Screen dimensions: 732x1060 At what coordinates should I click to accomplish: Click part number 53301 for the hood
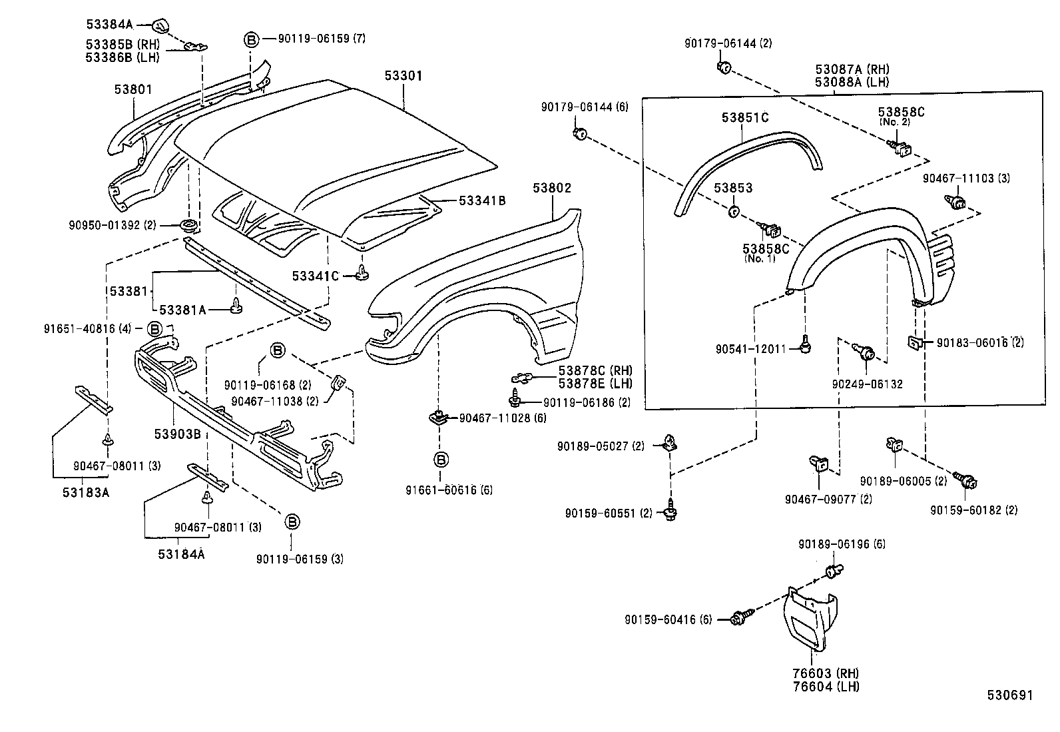[x=403, y=76]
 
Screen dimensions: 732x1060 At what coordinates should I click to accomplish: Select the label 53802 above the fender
[x=551, y=188]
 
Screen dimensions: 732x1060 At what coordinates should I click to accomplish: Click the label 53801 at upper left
[x=132, y=89]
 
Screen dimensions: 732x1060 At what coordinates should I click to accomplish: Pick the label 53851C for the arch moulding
[x=745, y=118]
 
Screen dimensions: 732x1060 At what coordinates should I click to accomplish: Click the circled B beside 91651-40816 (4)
[x=154, y=328]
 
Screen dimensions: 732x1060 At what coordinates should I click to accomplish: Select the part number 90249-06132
[x=867, y=384]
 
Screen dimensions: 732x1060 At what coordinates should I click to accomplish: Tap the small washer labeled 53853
[x=732, y=212]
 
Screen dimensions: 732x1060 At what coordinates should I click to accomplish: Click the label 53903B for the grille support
[x=177, y=434]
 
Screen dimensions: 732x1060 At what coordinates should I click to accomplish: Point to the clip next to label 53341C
[x=362, y=273]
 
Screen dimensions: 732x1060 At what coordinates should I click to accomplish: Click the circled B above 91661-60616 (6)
[x=441, y=459]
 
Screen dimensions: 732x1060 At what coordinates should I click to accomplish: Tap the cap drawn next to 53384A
[x=161, y=26]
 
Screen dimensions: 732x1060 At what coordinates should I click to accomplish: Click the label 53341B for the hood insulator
[x=481, y=200]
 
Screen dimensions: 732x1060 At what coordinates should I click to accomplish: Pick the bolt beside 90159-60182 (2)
[x=967, y=480]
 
